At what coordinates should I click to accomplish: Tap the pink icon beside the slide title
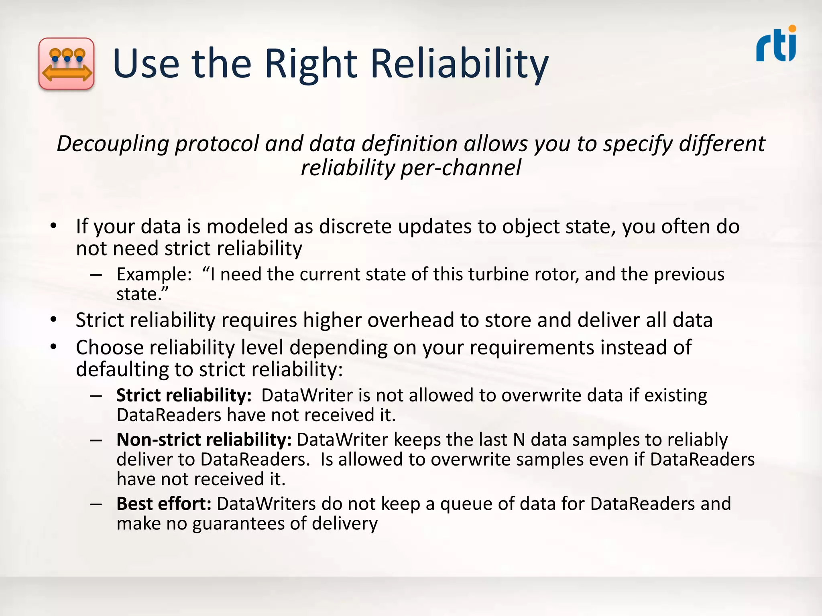tap(67, 63)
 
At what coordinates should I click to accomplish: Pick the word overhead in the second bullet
tap(411, 320)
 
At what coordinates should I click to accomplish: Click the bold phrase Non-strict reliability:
tap(204, 440)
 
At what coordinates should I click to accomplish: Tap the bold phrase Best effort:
tap(164, 504)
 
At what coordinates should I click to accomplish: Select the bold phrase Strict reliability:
tap(184, 395)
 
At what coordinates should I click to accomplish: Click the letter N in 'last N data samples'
tap(519, 440)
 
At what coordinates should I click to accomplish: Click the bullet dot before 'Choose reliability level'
tap(54, 347)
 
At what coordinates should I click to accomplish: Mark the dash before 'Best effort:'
tap(96, 504)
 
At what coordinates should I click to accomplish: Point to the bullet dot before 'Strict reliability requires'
tap(54, 320)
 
